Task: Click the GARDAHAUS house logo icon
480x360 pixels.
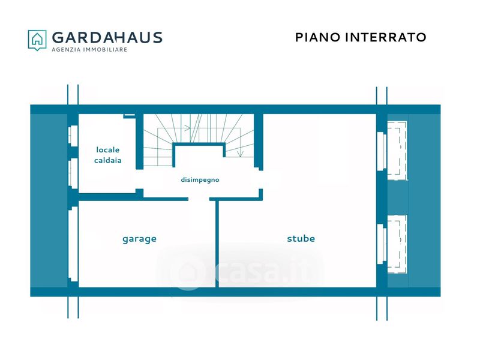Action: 37,40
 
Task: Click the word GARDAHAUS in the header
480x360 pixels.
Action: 107,37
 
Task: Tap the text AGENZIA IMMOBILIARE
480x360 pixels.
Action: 89,50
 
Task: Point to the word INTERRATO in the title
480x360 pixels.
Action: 386,37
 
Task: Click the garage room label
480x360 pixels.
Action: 139,239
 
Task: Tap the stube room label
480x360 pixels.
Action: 301,239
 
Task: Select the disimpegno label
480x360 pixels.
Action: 200,179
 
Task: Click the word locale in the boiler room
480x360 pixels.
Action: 108,149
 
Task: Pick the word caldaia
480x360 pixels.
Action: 109,160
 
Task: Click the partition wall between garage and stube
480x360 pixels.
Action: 217,243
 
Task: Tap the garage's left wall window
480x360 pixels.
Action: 73,244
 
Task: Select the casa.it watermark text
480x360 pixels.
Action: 264,273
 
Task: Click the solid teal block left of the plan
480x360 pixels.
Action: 48,201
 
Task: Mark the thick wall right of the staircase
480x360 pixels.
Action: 259,141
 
